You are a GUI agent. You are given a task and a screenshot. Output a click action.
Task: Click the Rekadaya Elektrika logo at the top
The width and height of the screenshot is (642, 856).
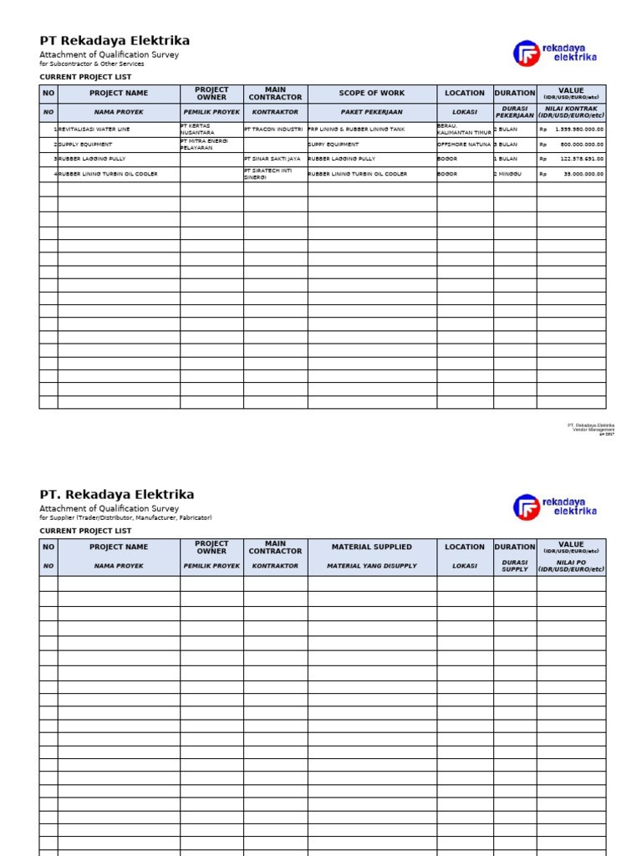555,53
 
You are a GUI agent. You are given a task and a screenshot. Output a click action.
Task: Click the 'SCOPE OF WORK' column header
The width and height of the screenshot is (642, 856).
371,94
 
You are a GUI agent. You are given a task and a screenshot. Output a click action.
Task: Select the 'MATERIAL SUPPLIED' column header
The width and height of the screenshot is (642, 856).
371,547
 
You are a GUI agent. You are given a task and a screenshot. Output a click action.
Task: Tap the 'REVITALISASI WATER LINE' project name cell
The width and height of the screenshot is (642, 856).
94,130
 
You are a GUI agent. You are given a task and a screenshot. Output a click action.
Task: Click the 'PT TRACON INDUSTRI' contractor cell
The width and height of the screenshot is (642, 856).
273,130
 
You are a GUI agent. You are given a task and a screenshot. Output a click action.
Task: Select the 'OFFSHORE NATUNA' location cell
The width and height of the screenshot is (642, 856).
464,145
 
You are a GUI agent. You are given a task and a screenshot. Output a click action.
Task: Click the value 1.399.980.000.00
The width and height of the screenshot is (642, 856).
578,130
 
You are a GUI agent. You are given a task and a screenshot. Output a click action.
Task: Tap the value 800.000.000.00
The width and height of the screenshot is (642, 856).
582,145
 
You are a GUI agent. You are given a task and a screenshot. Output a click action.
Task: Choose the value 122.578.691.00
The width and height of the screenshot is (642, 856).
582,159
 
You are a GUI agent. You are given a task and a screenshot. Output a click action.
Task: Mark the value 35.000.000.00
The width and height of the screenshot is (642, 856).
583,174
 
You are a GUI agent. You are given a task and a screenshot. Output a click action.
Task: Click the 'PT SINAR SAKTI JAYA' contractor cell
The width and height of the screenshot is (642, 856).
273,159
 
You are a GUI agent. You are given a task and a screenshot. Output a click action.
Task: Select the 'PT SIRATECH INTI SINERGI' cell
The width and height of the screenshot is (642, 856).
270,174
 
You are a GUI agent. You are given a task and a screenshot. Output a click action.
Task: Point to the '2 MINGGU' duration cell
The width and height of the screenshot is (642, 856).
508,174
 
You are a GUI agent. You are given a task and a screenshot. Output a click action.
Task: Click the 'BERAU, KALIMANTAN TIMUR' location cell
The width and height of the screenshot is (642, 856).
464,130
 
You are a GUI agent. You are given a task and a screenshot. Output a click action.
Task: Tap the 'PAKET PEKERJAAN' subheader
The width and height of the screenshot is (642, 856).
371,112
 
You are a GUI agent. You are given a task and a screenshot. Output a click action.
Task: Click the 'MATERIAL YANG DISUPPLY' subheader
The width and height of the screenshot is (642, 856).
371,566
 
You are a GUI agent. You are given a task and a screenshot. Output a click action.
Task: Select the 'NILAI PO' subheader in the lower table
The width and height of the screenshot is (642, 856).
571,566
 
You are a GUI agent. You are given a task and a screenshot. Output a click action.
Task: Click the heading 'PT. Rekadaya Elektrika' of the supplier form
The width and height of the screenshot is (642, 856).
117,494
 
